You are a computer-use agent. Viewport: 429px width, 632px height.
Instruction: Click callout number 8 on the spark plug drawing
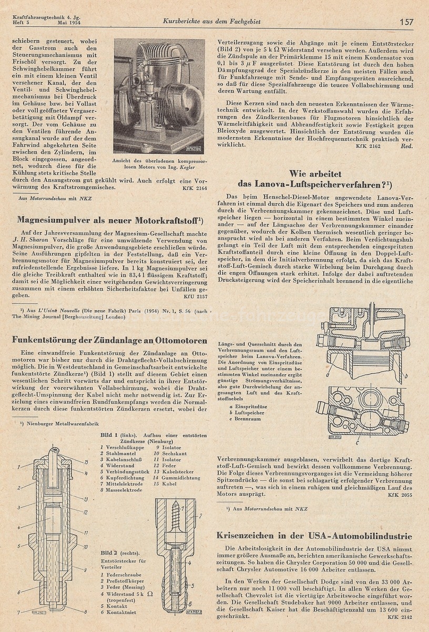[x=85, y=612]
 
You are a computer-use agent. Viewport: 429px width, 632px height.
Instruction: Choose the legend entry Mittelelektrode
[x=124, y=483]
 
